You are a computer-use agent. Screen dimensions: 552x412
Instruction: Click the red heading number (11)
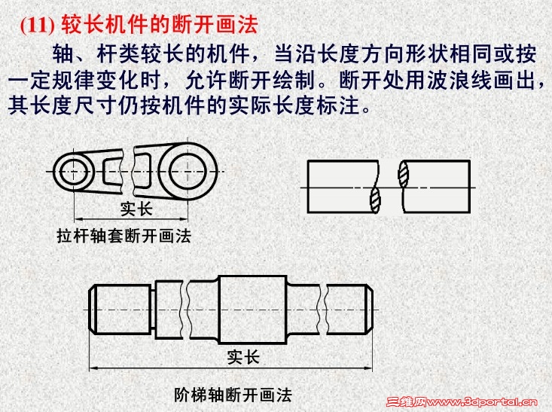[x=37, y=26]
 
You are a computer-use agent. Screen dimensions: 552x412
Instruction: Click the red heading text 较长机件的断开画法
[x=160, y=25]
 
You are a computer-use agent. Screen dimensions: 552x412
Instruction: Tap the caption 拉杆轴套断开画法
[x=124, y=236]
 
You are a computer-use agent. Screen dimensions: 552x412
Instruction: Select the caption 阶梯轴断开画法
[x=233, y=395]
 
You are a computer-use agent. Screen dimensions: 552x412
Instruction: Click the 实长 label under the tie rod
[x=136, y=209]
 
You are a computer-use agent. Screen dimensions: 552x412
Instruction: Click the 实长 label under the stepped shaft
[x=243, y=358]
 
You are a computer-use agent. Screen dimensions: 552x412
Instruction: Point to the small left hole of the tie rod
[x=74, y=172]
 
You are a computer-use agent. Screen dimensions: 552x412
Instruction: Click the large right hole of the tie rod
[x=187, y=171]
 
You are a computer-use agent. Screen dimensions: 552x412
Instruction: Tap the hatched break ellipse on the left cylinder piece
[x=375, y=200]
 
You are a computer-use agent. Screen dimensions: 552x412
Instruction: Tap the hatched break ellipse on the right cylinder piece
[x=404, y=174]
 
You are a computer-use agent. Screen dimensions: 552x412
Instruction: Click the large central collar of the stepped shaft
[x=252, y=310]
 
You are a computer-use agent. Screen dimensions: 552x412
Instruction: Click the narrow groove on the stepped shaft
[x=153, y=310]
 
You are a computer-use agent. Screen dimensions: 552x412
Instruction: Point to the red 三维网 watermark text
[x=406, y=401]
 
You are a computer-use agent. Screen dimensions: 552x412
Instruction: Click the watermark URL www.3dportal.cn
[x=482, y=401]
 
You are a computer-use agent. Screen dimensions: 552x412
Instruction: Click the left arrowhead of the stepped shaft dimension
[x=93, y=368]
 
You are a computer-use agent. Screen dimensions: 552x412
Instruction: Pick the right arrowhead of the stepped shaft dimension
[x=368, y=368]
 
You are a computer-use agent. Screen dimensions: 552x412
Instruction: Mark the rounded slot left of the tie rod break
[x=113, y=171]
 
